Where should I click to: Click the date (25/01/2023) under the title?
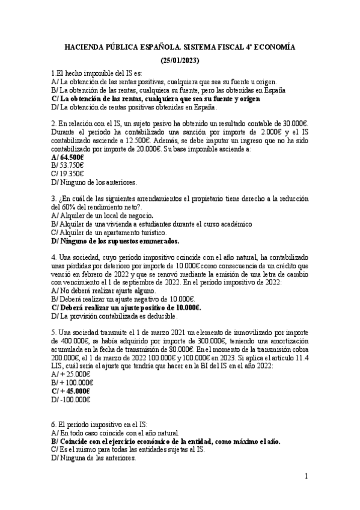click(180, 61)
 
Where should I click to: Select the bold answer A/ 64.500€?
click(67, 156)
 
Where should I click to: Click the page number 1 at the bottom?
click(306, 476)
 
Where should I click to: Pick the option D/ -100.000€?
click(71, 399)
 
